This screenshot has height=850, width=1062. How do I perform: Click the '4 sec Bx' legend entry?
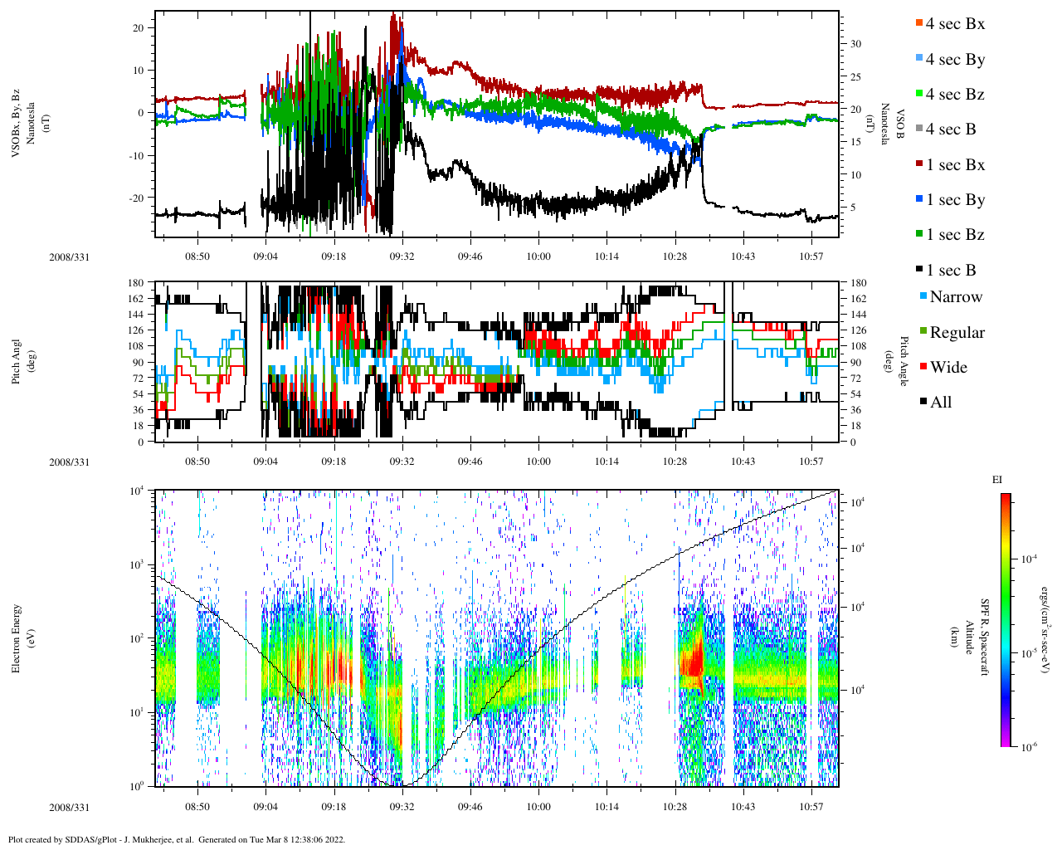(x=955, y=24)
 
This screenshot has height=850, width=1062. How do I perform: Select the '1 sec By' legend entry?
(x=955, y=200)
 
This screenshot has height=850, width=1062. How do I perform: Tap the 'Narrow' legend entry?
(x=956, y=297)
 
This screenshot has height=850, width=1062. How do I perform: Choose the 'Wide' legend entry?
(x=948, y=368)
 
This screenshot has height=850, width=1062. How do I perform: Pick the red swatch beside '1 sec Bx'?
(x=918, y=165)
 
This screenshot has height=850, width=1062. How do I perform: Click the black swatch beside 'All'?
(x=923, y=403)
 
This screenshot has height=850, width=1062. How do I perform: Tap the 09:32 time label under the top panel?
(x=402, y=256)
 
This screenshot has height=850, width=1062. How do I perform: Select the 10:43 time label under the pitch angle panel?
(x=743, y=462)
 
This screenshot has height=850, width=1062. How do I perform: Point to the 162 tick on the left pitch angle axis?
(x=135, y=299)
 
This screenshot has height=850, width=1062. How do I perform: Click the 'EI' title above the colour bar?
(x=997, y=480)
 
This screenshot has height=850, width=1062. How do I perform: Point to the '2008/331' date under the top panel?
(x=69, y=256)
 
